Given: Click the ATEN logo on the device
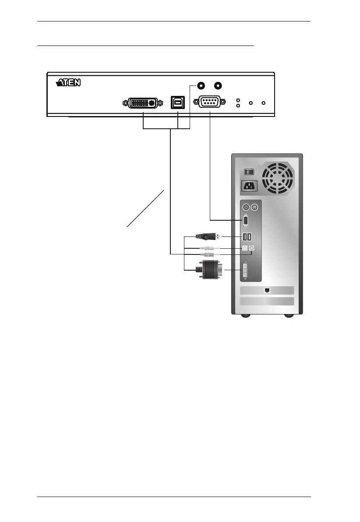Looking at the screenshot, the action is click(x=69, y=83).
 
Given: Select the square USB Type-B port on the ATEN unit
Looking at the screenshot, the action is click(x=178, y=103).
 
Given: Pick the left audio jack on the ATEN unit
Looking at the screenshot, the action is click(x=201, y=86).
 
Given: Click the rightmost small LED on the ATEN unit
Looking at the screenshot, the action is click(x=263, y=103).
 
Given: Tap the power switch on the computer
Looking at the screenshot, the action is click(x=249, y=173).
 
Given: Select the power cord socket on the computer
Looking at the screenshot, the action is click(x=249, y=187).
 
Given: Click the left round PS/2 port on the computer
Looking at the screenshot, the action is click(x=246, y=207).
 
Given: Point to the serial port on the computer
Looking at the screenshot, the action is click(x=246, y=221).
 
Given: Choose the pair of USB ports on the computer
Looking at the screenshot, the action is click(x=247, y=237).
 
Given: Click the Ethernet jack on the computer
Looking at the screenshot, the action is click(x=267, y=290).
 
